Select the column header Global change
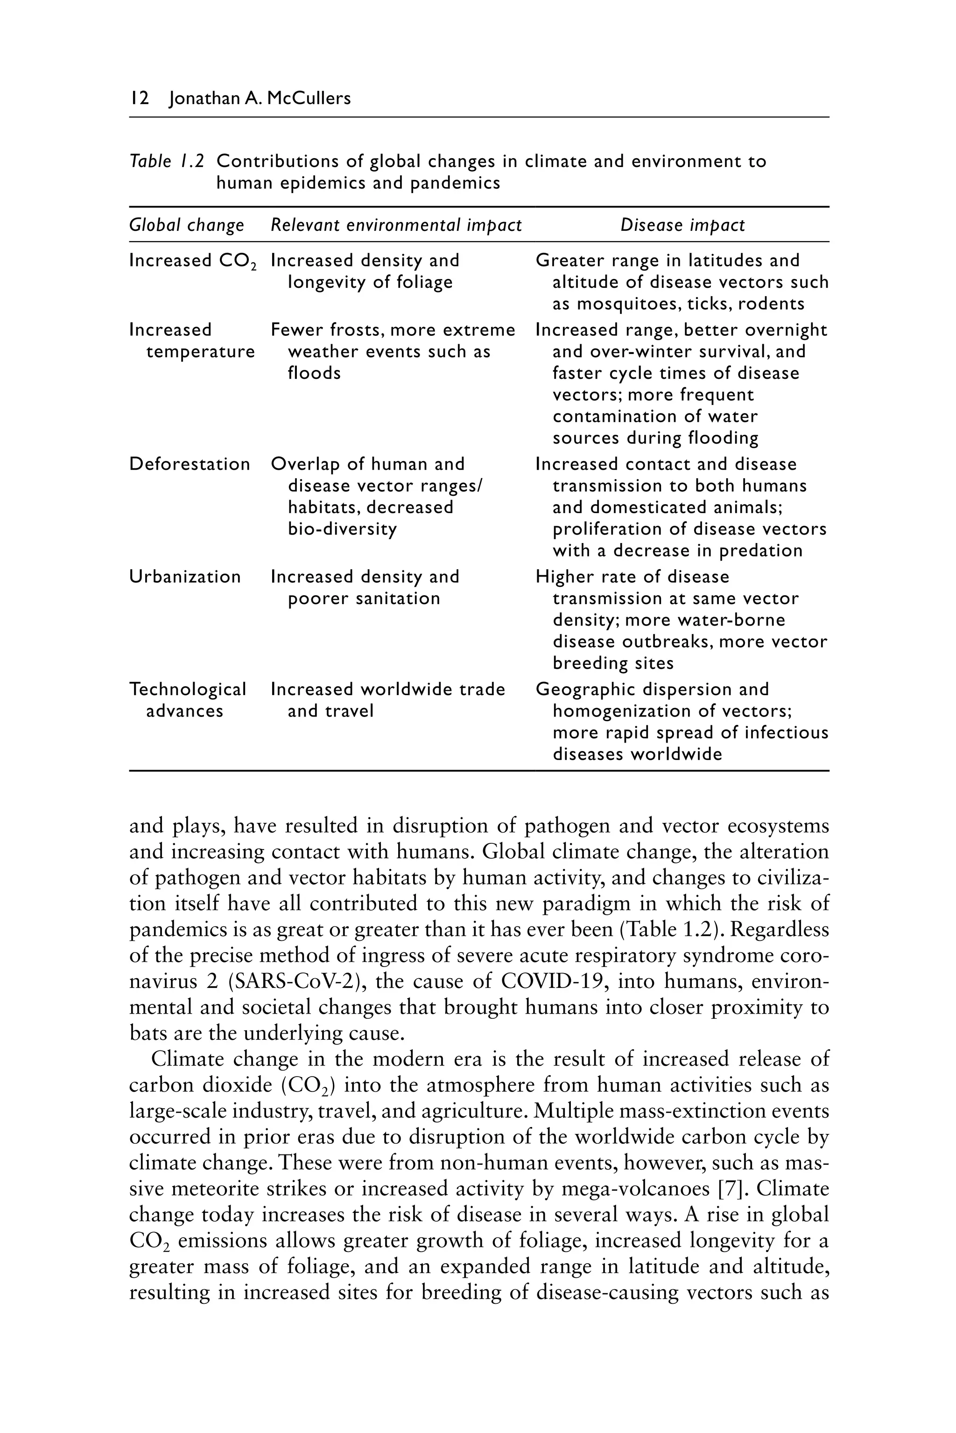coord(187,225)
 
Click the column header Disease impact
coord(682,225)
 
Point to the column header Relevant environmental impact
coord(396,225)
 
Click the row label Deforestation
coord(190,464)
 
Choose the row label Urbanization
coord(185,577)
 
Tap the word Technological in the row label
coord(188,690)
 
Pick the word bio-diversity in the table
coord(342,529)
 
